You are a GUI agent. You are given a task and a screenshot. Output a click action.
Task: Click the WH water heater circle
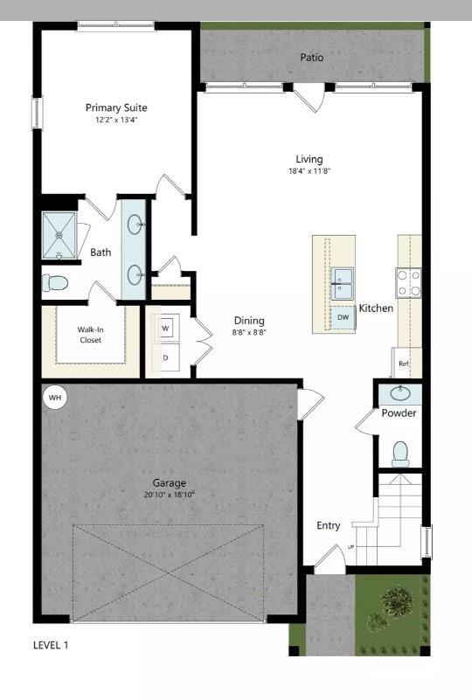click(55, 399)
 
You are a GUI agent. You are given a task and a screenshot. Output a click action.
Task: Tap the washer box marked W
click(166, 328)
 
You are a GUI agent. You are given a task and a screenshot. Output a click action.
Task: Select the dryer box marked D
click(166, 357)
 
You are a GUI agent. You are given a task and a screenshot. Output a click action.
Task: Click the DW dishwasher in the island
click(343, 317)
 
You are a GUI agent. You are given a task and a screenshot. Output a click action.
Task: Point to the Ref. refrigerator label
click(404, 363)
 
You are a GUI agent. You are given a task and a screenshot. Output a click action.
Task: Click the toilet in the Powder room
click(400, 453)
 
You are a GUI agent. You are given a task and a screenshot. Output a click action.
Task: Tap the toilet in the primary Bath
click(56, 283)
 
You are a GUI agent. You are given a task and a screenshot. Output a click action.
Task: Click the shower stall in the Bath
click(59, 234)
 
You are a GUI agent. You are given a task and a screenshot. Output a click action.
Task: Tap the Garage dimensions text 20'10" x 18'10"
click(169, 495)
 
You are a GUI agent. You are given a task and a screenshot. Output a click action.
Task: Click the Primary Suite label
click(116, 108)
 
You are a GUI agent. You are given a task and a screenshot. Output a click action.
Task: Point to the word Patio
click(312, 58)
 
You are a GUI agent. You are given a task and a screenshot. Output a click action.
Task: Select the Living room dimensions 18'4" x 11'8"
click(309, 171)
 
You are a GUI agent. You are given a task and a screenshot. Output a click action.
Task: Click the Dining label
click(248, 321)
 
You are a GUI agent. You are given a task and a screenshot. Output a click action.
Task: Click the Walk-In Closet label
click(90, 335)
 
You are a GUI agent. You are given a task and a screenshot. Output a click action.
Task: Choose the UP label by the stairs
click(351, 547)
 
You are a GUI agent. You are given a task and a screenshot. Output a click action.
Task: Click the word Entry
click(328, 525)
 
